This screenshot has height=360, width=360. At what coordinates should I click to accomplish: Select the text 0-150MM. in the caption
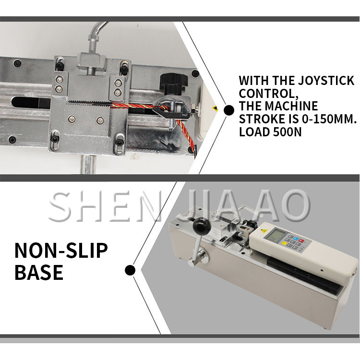pos(329,119)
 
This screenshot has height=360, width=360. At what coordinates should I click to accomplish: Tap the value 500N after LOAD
pos(288,132)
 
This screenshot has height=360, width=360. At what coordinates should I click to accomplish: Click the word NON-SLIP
pos(61,250)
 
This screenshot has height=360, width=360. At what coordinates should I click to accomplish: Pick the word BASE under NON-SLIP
pos(39,272)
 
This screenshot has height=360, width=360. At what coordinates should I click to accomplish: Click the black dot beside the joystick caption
pos(228,110)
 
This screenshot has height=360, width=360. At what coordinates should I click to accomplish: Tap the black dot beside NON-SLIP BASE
pos(130,270)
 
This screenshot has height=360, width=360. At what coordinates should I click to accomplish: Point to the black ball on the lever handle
pos(202,225)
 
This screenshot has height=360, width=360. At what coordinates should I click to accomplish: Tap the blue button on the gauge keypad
pos(296,239)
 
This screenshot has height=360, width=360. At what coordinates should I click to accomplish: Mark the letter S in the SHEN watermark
pos(60,207)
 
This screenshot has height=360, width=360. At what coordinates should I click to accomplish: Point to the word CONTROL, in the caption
pos(269,93)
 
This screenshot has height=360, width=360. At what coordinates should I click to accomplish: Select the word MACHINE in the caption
pos(291,106)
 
